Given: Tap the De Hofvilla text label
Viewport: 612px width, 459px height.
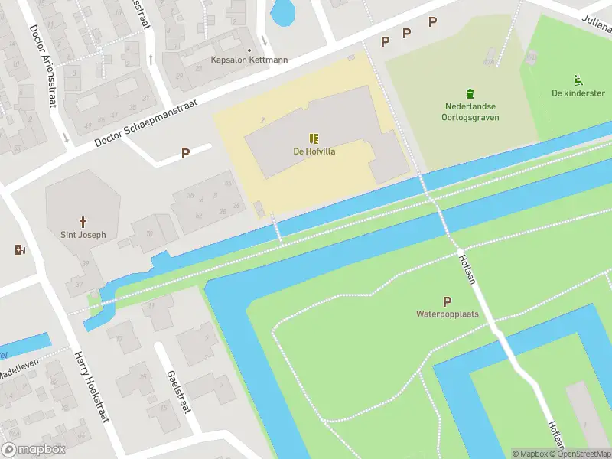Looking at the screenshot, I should coord(314,151).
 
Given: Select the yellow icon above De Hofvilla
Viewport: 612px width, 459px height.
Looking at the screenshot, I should coord(314,138).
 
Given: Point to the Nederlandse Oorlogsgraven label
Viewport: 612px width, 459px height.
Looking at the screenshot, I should coord(471,112).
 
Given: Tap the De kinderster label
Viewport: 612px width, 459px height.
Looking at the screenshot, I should coord(578,93).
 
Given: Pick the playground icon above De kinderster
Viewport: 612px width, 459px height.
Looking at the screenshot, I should coord(578,79).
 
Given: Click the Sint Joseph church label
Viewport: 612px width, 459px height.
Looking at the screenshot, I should coord(83,235).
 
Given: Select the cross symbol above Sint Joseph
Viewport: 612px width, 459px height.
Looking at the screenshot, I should coord(83,220).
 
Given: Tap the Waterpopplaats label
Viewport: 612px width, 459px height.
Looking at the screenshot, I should coord(447,314).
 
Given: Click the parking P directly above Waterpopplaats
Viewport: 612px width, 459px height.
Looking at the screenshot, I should coord(447,301).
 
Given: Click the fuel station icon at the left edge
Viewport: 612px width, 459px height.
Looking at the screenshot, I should coord(19,249).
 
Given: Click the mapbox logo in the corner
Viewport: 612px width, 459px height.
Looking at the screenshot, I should coord(34,449).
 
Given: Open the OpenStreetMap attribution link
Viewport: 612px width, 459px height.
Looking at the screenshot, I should coord(582,454).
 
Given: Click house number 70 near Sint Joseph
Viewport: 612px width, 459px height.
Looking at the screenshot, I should coord(148,233).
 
